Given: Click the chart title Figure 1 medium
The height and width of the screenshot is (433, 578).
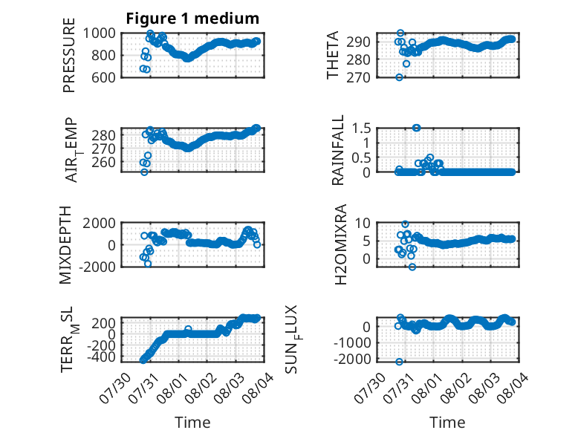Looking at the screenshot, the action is [x=192, y=19].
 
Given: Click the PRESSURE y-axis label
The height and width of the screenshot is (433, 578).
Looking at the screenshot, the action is [x=69, y=55].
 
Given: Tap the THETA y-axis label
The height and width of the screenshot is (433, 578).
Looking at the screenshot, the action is [x=333, y=55].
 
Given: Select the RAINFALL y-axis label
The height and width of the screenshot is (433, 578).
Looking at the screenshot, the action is [x=337, y=150].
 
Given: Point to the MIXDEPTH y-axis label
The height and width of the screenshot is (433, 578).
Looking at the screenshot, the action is [x=65, y=244].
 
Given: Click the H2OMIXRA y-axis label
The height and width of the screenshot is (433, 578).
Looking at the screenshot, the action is [x=340, y=244].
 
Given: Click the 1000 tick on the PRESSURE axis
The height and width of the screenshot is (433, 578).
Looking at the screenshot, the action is [x=99, y=33].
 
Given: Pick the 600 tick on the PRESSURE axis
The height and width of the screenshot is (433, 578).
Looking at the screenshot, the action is [x=103, y=77].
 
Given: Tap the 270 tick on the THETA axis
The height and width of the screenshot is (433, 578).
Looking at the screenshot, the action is [x=358, y=77].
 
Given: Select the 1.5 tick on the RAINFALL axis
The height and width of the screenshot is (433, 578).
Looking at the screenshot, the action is [x=361, y=128].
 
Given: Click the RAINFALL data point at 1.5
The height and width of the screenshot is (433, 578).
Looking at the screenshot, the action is [x=417, y=128].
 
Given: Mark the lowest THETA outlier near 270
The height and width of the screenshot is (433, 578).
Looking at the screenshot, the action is [x=399, y=77].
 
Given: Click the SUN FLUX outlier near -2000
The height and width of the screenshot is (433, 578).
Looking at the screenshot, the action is [x=399, y=362].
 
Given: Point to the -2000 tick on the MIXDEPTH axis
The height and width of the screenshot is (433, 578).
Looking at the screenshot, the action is [x=97, y=267].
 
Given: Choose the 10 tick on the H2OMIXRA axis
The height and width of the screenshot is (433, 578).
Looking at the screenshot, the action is [x=363, y=223].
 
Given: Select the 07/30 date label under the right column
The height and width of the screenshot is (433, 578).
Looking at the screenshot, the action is [x=369, y=388].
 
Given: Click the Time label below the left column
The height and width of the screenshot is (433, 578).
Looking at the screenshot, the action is [x=192, y=423].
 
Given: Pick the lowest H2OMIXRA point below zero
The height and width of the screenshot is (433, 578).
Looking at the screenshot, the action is [x=412, y=267].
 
